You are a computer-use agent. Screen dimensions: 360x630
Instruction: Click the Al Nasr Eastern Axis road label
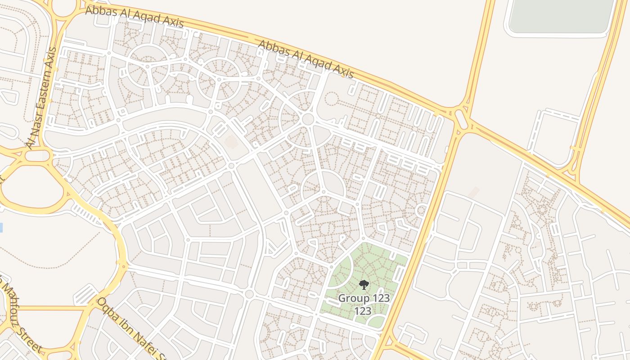(41, 98)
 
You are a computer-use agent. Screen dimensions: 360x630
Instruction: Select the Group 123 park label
(364, 298)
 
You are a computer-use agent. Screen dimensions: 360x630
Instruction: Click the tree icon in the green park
(364, 284)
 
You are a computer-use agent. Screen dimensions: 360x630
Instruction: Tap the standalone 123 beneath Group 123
(363, 311)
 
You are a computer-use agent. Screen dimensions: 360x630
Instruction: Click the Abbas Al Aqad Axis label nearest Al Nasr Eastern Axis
(134, 16)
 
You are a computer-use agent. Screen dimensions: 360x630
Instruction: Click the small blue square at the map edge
(1, 227)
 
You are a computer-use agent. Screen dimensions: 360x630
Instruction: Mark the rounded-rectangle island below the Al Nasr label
(37, 156)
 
